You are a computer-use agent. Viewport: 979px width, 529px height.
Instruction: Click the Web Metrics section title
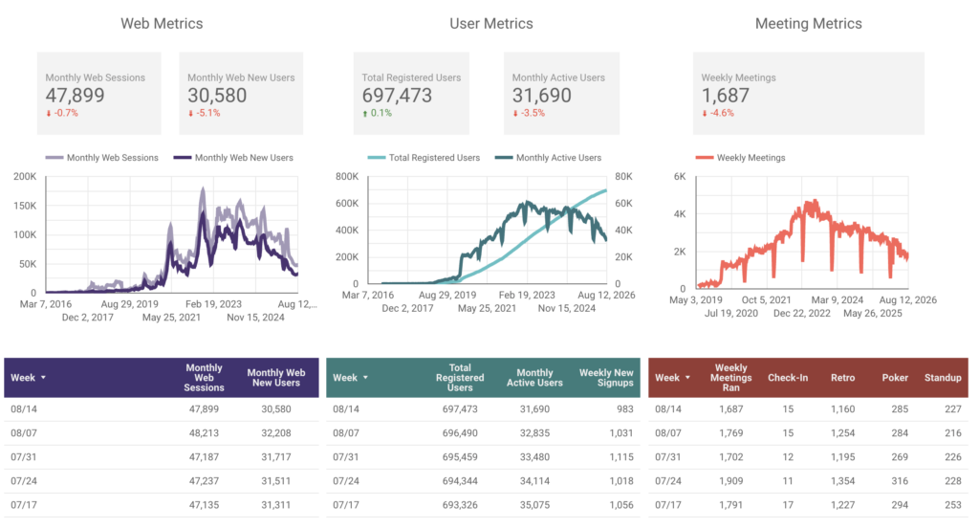coord(162,24)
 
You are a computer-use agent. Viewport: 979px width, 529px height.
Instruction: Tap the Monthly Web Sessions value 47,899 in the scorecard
coord(75,96)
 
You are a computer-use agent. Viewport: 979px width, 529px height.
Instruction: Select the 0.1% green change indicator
coord(377,113)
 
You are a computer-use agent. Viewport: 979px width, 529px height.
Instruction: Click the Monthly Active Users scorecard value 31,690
coord(541,96)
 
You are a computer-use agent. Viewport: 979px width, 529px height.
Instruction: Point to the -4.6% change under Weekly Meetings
coord(717,113)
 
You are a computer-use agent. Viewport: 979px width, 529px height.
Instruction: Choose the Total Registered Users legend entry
coord(424,158)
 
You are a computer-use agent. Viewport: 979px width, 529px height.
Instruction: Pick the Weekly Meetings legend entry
coord(741,158)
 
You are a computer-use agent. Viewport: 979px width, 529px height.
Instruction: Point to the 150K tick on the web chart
coord(25,206)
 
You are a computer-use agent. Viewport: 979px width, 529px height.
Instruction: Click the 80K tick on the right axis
coord(623,177)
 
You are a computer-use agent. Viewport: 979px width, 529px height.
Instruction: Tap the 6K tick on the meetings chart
coord(680,177)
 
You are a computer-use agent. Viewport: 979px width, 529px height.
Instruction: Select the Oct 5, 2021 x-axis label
coord(766,299)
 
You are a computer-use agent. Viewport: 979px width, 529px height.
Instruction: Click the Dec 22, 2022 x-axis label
coord(802,314)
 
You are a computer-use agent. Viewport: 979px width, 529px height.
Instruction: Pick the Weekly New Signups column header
coord(606,378)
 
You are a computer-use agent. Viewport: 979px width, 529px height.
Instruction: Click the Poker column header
coord(895,378)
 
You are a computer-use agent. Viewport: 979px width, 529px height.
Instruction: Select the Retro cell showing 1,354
coord(843,481)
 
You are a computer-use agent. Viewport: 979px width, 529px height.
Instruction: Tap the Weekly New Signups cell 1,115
coord(621,457)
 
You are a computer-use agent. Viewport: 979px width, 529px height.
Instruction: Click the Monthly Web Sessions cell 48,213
coord(205,432)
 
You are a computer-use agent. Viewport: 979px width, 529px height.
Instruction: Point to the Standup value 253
coord(953,505)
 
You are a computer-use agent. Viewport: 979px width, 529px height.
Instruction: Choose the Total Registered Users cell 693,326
coord(460,505)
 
